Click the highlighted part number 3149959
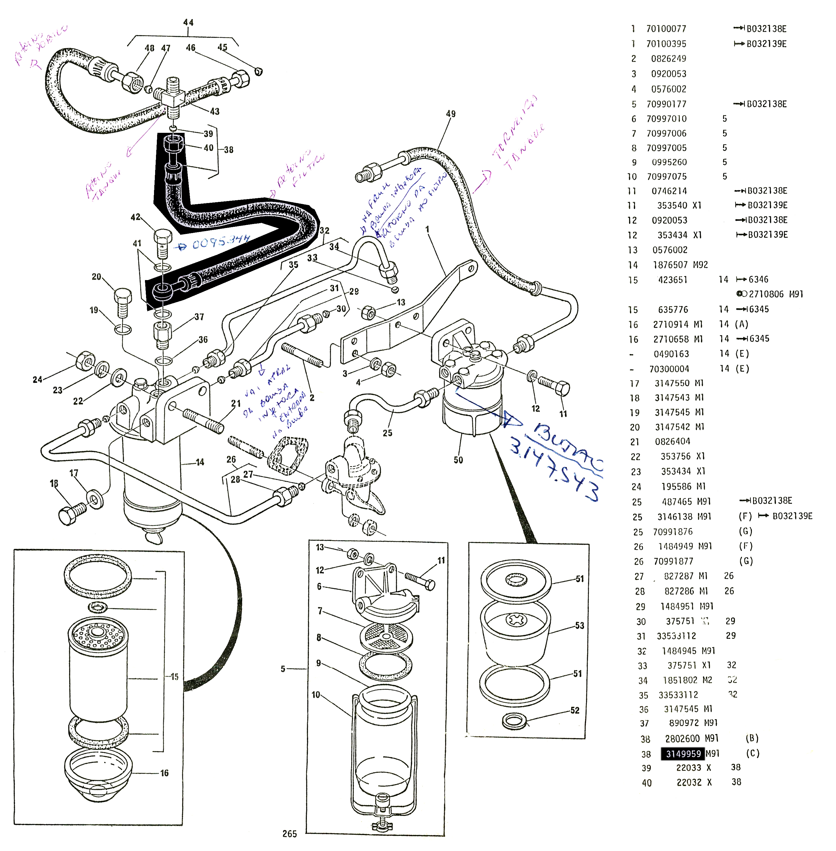click(683, 754)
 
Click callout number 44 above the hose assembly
click(188, 22)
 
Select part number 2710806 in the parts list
click(766, 294)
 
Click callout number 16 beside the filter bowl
click(164, 773)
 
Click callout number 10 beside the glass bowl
click(316, 695)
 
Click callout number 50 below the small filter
click(458, 460)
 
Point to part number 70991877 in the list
click(673, 561)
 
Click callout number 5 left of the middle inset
click(283, 669)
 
